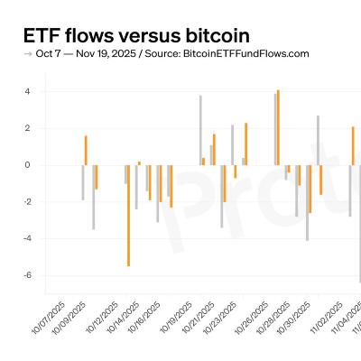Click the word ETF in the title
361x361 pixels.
point(42,36)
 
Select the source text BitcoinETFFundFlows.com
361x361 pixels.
point(233,54)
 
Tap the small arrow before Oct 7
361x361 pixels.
point(27,54)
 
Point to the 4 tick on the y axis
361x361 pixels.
point(28,91)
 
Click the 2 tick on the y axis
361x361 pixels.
point(28,128)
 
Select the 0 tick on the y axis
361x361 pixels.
point(28,165)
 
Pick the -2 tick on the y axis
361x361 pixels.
point(26,202)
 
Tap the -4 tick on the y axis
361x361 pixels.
point(26,239)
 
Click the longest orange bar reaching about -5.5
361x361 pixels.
point(128,216)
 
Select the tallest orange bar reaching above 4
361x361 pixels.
point(278,127)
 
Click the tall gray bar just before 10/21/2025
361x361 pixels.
point(200,130)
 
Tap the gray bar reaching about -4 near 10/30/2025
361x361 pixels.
point(307,202)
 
